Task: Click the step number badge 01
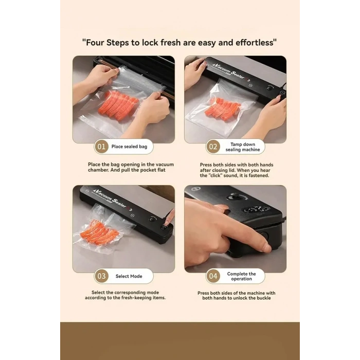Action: click(101, 147)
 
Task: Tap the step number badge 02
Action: click(213, 147)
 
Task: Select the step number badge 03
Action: click(101, 276)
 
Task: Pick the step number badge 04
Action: click(213, 276)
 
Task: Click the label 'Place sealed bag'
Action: click(129, 147)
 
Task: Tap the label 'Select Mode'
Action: click(129, 276)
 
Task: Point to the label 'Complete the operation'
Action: click(241, 276)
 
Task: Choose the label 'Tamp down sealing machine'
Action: click(243, 147)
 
